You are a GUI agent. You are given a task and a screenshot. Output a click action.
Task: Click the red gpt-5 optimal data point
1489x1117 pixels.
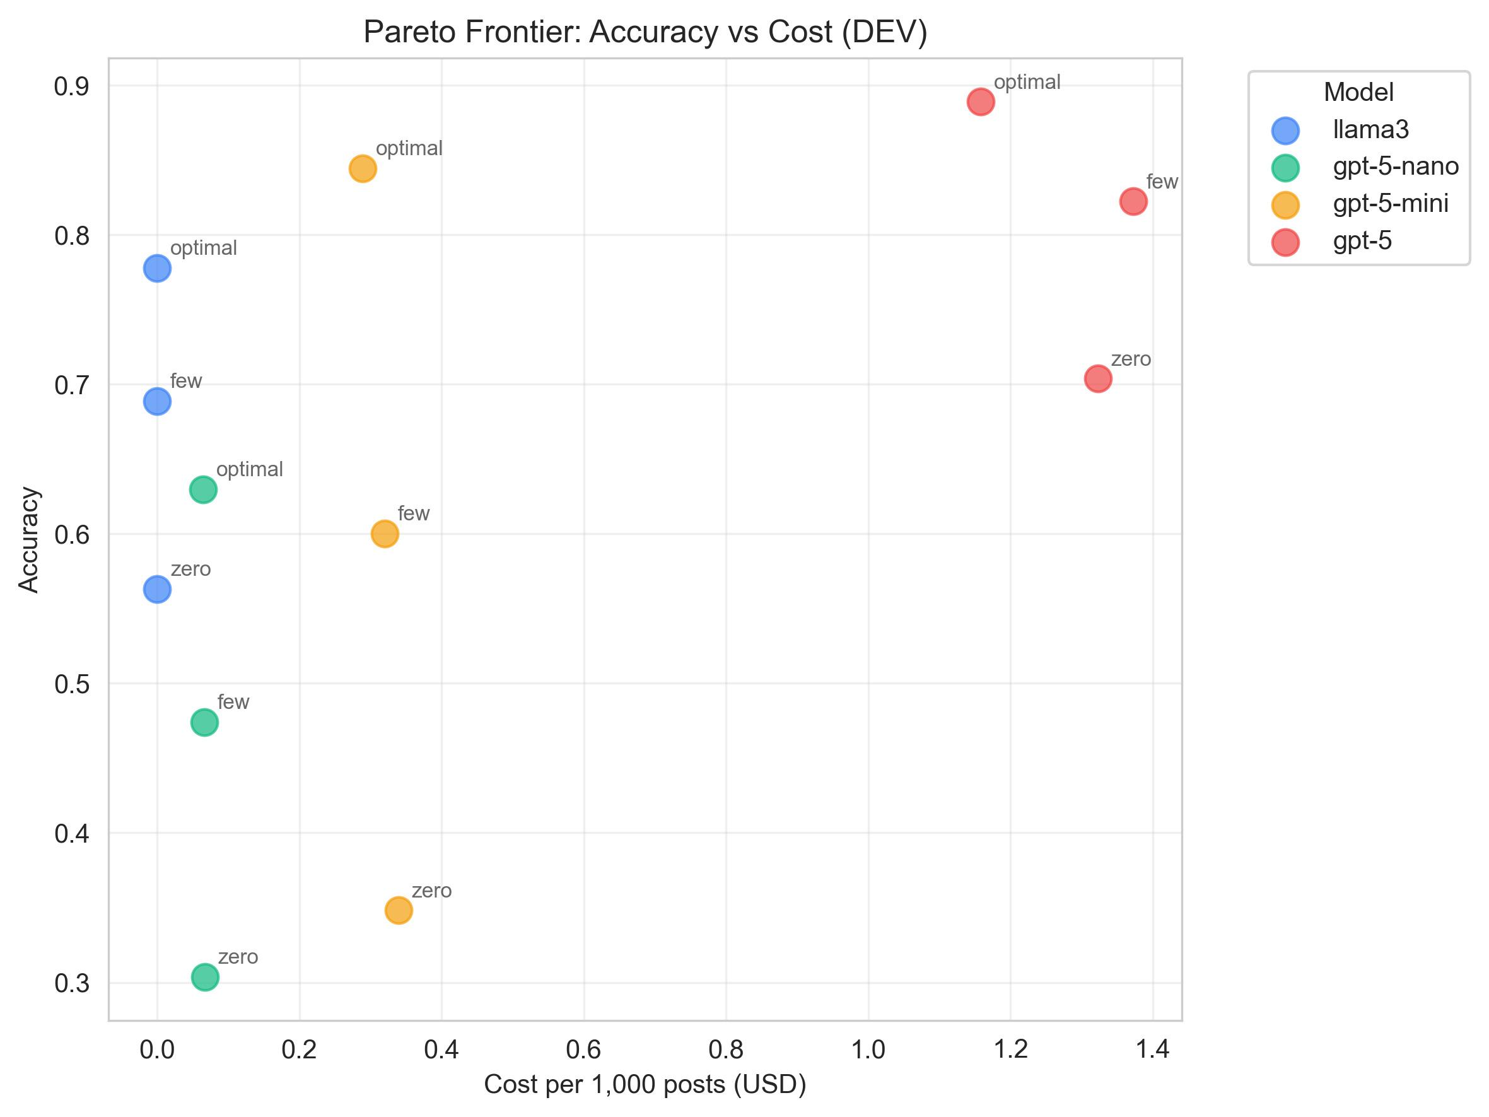981,102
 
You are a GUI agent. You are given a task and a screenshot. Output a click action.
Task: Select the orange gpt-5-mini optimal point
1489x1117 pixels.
363,168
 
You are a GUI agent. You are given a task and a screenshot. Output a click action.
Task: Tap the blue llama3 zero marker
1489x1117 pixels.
157,589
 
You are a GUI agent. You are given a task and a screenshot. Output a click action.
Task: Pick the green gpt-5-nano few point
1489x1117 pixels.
204,722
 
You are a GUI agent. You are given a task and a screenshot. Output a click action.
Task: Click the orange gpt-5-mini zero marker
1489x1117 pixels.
399,910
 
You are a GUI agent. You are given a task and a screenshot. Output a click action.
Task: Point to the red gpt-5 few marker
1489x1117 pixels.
1133,201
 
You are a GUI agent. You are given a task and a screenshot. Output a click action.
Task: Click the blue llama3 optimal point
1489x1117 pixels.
157,269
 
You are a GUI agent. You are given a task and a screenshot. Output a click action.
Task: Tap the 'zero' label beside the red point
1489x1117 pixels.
1131,360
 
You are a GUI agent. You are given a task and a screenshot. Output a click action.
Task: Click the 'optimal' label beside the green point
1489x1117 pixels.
250,469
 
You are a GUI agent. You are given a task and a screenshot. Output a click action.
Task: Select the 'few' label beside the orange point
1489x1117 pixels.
413,514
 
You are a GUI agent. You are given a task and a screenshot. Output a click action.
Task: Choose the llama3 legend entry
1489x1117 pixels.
1370,130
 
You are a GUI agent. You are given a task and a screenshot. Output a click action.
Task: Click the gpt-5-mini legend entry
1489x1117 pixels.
1390,204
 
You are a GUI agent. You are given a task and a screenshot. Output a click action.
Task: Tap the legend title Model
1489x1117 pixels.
1358,92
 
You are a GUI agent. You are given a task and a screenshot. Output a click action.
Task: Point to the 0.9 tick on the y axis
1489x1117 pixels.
71,87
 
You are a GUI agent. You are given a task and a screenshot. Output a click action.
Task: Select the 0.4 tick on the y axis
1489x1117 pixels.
71,834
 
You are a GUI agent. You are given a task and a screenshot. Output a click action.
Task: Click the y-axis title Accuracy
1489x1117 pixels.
29,540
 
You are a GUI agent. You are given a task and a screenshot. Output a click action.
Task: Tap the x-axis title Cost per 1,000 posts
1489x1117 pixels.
645,1085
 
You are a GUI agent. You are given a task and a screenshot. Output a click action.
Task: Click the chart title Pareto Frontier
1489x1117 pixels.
645,32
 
